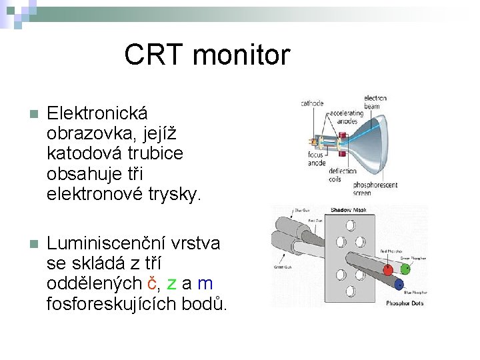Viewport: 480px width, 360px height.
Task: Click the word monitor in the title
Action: (x=242, y=55)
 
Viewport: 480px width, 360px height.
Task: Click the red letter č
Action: (x=152, y=283)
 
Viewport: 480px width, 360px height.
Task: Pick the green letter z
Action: (x=171, y=283)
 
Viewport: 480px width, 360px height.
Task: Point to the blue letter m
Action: (x=205, y=283)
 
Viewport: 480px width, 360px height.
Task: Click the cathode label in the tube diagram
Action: (x=312, y=103)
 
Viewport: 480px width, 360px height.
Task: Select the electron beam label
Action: (x=375, y=102)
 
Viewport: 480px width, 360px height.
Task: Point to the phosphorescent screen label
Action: (x=375, y=189)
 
